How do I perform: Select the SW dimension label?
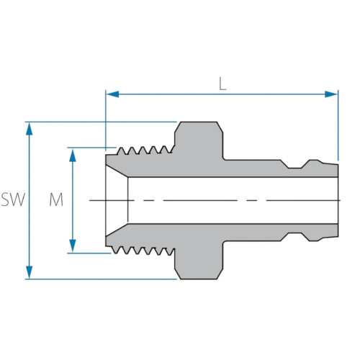point(13,200)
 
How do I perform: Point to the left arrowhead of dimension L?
point(110,94)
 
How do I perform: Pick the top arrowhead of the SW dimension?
point(29,126)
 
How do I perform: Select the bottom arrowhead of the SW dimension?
point(29,274)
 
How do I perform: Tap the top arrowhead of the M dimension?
point(73,152)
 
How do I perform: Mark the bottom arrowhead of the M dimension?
point(73,248)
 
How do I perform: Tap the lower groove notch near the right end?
point(295,234)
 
